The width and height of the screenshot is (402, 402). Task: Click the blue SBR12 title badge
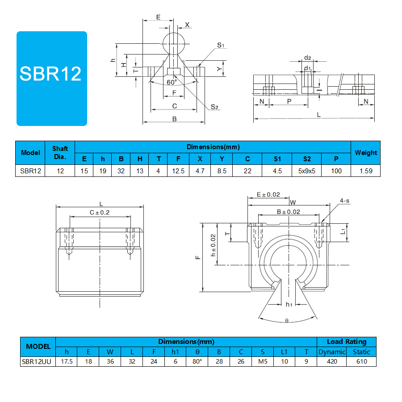pyautogui.click(x=52, y=79)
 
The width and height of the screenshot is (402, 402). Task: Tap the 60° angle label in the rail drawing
pyautogui.click(x=172, y=82)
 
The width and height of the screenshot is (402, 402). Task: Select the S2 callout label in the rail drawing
pyautogui.click(x=214, y=107)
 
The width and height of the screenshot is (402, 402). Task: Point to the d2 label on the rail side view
pyautogui.click(x=307, y=58)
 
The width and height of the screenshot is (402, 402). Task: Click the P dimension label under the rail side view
pyautogui.click(x=289, y=101)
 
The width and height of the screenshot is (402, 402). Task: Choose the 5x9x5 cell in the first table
pyautogui.click(x=306, y=171)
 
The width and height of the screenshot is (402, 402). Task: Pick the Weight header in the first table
pyautogui.click(x=365, y=153)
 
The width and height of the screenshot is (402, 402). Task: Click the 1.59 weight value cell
pyautogui.click(x=366, y=171)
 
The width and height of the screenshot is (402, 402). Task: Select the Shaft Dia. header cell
pyautogui.click(x=60, y=153)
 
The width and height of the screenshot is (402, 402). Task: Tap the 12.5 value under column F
pyautogui.click(x=178, y=171)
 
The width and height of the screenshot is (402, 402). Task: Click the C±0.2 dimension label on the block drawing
pyautogui.click(x=100, y=213)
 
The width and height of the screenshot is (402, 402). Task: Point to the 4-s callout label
pyautogui.click(x=344, y=201)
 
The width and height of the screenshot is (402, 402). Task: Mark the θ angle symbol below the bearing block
pyautogui.click(x=287, y=320)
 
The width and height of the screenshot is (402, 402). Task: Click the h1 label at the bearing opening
pyautogui.click(x=289, y=304)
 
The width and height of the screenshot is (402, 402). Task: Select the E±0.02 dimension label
pyautogui.click(x=268, y=195)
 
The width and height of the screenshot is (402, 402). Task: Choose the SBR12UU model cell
pyautogui.click(x=37, y=361)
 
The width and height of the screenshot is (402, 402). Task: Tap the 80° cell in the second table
pyautogui.click(x=197, y=361)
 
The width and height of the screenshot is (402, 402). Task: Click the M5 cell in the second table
pyautogui.click(x=263, y=361)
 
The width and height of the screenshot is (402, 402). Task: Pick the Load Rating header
pyautogui.click(x=347, y=342)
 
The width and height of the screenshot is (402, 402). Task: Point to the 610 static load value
pyautogui.click(x=361, y=361)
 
